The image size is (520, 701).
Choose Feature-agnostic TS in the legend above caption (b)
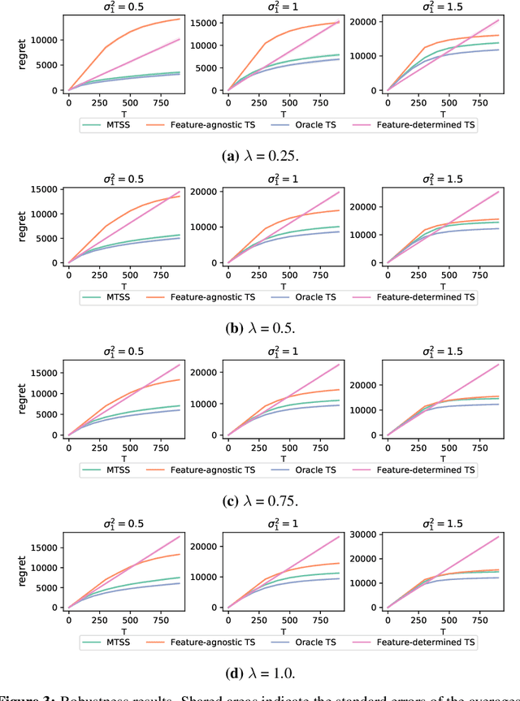[207, 297]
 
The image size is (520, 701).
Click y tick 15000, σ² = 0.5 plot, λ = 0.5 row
[45, 190]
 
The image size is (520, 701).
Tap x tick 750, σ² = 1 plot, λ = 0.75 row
[316, 445]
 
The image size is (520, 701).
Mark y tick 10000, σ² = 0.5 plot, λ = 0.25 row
[45, 40]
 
